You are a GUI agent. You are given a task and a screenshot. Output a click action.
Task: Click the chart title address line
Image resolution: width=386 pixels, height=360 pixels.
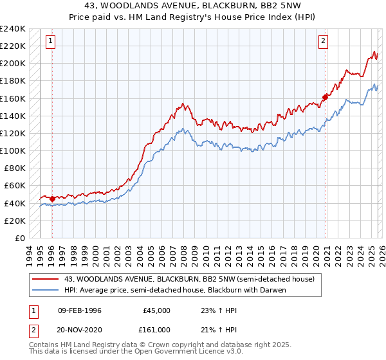click(x=192, y=6)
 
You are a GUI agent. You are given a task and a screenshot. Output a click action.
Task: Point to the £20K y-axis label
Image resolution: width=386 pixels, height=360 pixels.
click(x=14, y=221)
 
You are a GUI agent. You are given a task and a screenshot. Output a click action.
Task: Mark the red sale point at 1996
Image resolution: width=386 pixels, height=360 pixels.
click(x=52, y=199)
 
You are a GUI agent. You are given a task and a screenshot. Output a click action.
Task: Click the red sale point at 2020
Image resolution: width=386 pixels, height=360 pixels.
click(x=325, y=98)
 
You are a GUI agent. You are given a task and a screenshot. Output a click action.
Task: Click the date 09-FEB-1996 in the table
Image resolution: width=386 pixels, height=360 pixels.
click(x=79, y=310)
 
